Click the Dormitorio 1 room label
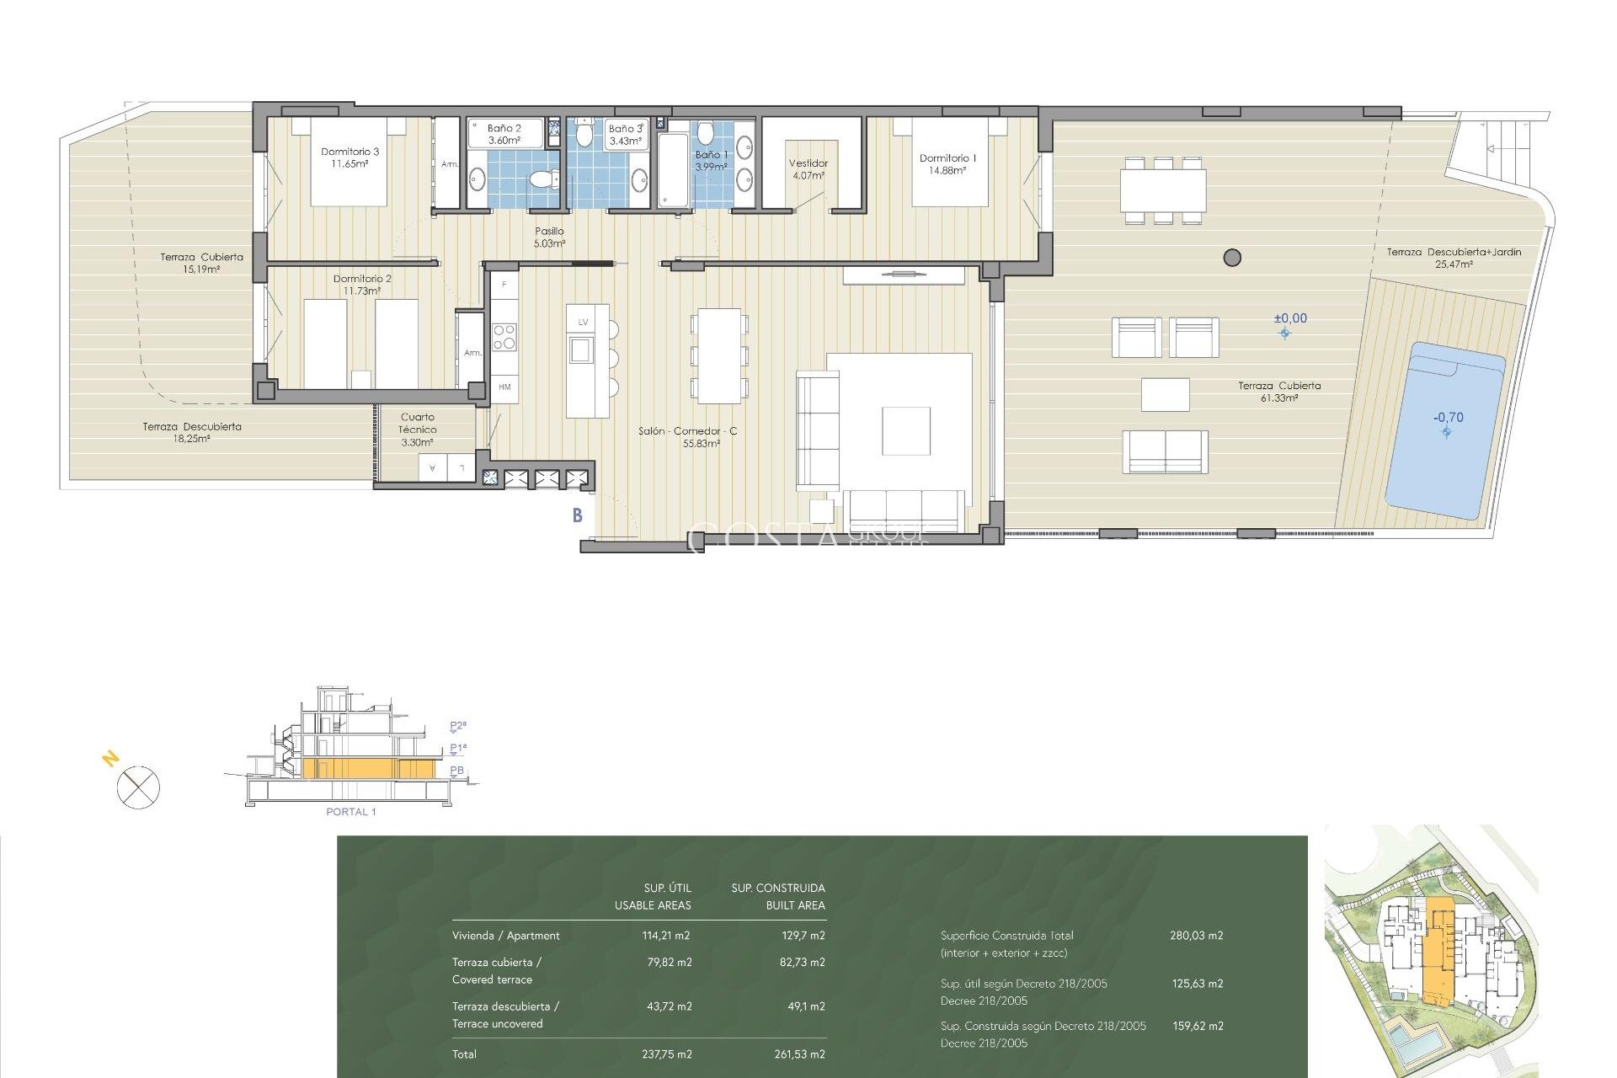[x=947, y=163]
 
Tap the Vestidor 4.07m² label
[x=808, y=169]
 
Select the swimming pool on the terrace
[x=1444, y=430]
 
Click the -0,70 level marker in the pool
[x=1448, y=418]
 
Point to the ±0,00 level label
[x=1290, y=318]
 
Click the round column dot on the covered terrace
[x=1232, y=258]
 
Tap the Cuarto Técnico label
[x=417, y=429]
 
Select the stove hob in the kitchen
[x=504, y=337]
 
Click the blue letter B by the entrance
[x=578, y=515]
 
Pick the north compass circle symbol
[x=138, y=788]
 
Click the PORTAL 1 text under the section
[x=351, y=812]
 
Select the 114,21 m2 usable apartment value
[x=666, y=936]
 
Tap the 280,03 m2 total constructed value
[x=1196, y=936]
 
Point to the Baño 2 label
[x=504, y=134]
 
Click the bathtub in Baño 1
[x=673, y=169]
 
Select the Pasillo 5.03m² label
[x=549, y=237]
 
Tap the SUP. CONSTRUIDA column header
[x=777, y=889]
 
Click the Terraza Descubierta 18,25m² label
[x=192, y=432]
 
